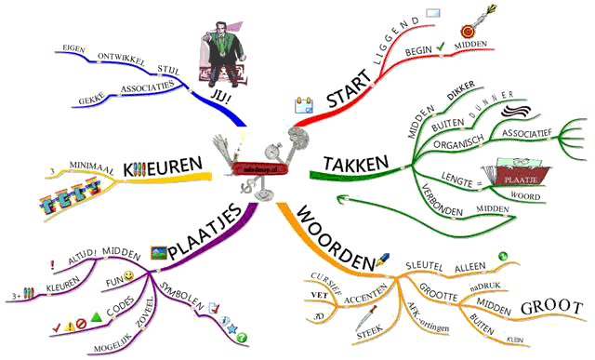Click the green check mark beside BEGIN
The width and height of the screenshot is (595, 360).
[x=440, y=44]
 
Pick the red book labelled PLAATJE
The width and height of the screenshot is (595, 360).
[x=509, y=176]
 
